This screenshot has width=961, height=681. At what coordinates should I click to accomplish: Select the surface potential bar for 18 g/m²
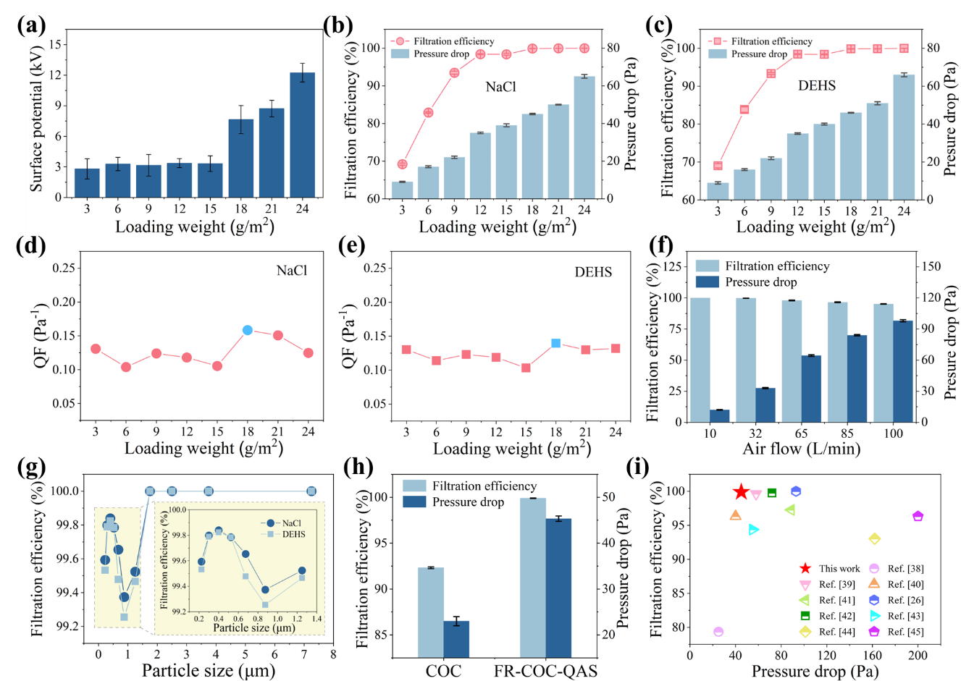(x=241, y=158)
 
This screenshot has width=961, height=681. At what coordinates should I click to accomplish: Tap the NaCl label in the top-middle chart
(x=500, y=87)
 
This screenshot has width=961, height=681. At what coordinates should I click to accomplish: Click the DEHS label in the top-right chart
(x=817, y=85)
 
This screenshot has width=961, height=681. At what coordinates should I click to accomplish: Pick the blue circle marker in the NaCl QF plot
(x=248, y=330)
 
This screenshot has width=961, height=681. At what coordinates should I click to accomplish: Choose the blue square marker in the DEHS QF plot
(x=555, y=343)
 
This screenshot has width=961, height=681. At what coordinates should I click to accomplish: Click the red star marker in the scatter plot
(x=741, y=492)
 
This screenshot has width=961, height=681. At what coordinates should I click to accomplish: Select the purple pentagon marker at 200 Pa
(x=918, y=517)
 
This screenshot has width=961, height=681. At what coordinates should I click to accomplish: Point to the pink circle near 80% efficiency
(x=718, y=632)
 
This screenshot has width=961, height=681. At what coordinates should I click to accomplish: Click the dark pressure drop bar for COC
(x=456, y=639)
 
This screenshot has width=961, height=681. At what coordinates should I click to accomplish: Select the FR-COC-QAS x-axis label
(x=545, y=671)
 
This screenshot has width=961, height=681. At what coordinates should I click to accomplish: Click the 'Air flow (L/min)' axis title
(x=801, y=449)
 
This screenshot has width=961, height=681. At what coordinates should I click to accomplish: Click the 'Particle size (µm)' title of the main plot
(x=209, y=671)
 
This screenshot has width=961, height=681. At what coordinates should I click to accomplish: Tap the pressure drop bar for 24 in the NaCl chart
(x=584, y=137)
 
